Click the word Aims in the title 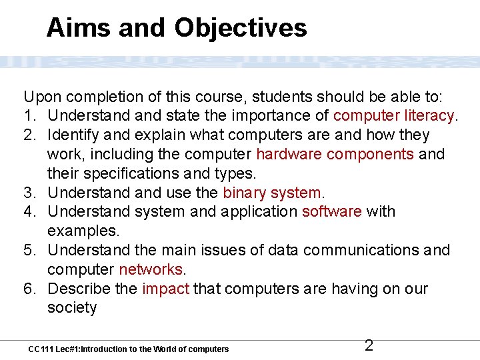73,28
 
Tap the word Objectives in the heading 241,28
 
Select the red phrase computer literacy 394,116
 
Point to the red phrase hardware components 335,155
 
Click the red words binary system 272,193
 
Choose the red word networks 151,270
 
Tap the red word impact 165,289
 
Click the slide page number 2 369,345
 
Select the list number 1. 31,116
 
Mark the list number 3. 31,193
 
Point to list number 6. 31,289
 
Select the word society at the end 72,308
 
